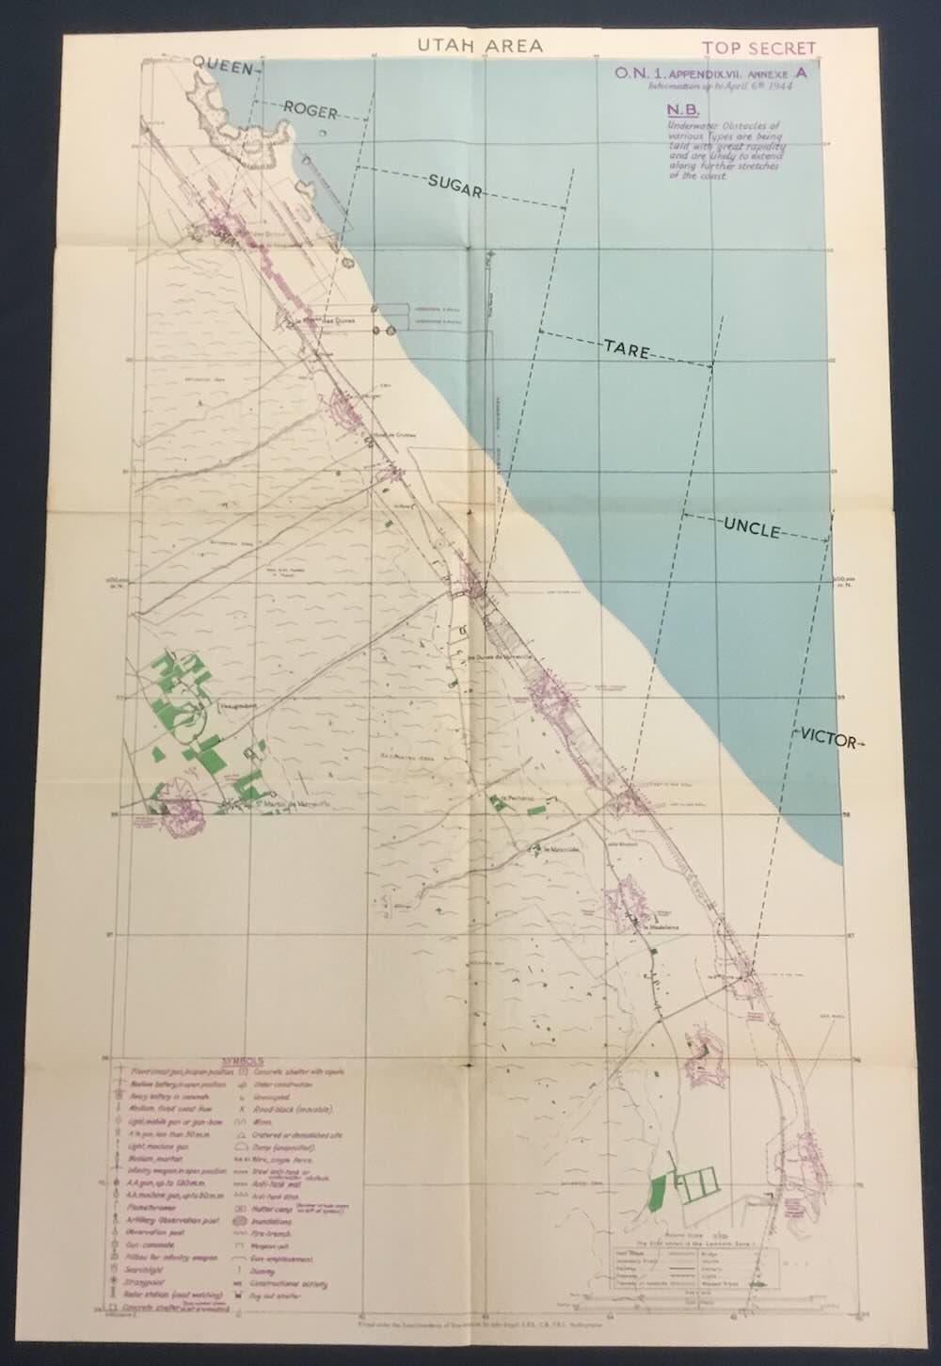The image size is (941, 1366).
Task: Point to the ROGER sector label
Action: click(x=310, y=110)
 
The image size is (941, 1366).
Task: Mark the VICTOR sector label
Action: click(x=829, y=740)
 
